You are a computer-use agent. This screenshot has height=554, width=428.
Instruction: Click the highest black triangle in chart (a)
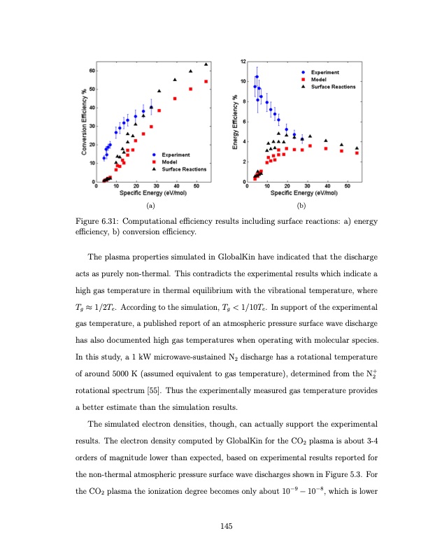[x=206, y=64]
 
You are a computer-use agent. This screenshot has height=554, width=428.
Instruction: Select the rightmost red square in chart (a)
[x=206, y=82]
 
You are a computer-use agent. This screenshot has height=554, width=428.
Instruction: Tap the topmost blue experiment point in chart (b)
[x=257, y=76]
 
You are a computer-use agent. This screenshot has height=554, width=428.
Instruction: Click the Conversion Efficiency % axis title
[x=84, y=127]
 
